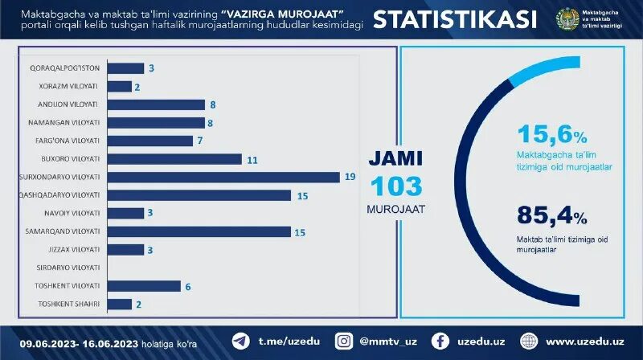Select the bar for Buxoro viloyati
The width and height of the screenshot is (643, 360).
pos(174,159)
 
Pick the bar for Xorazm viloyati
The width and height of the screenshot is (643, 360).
pos(119,86)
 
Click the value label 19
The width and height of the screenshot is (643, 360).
pos(350,177)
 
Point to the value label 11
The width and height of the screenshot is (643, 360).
pos(252,160)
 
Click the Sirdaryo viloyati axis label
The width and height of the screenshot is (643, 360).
pos(68,268)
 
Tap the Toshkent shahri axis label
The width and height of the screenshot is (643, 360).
pos(68,304)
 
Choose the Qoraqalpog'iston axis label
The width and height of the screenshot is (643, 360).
pos(64,68)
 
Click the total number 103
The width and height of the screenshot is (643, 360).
pos(395,186)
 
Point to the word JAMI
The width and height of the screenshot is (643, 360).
pos(395,158)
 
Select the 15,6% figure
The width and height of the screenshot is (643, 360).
pos(552,134)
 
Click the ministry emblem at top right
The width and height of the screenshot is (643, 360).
pos(567,20)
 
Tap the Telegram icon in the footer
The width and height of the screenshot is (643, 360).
pos(240,341)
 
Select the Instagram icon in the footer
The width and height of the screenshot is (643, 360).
pos(344,341)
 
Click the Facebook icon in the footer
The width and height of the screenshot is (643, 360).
pos(440,341)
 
